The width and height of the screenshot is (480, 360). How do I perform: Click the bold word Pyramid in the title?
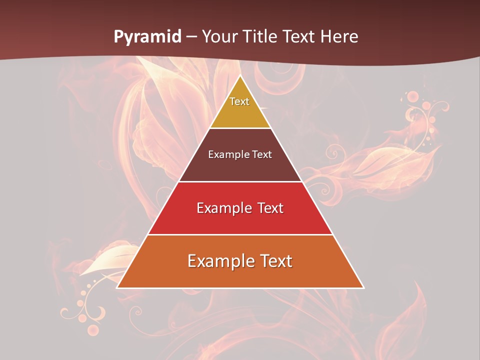pos(147,37)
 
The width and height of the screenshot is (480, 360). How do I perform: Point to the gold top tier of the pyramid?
pos(240,112)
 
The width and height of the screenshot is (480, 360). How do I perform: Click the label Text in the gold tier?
pos(239,101)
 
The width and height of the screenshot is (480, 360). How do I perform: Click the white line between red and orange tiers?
pos(240,234)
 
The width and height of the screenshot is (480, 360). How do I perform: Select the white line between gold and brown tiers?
pos(240,128)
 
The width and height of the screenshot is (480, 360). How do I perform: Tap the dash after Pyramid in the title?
pos(191,37)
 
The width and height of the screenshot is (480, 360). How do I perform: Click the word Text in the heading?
pos(299,37)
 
